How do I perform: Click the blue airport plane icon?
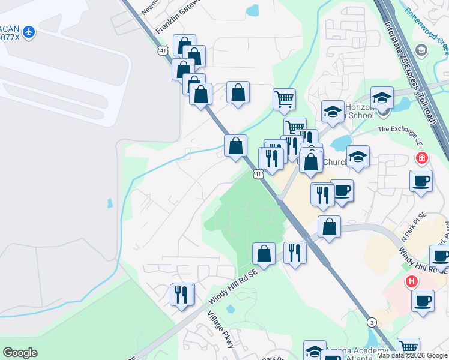[29, 31]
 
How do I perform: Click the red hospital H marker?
[412, 281]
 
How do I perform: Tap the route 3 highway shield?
[372, 322]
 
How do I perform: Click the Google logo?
[20, 353]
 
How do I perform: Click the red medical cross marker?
[422, 158]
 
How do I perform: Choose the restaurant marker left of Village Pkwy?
[182, 294]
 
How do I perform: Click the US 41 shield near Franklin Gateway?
[163, 50]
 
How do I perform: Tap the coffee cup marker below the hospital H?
[423, 300]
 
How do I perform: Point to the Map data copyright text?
[412, 356]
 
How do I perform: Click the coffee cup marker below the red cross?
[421, 180]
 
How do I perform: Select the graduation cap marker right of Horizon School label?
[382, 98]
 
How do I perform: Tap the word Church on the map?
[334, 162]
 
